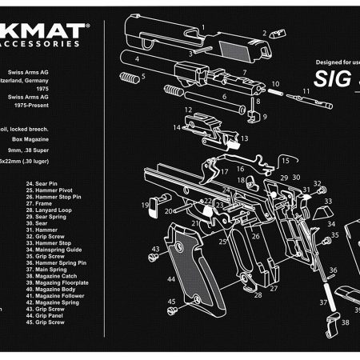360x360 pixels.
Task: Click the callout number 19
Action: [x=146, y=206]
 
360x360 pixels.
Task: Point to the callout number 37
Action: [x=323, y=302]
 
